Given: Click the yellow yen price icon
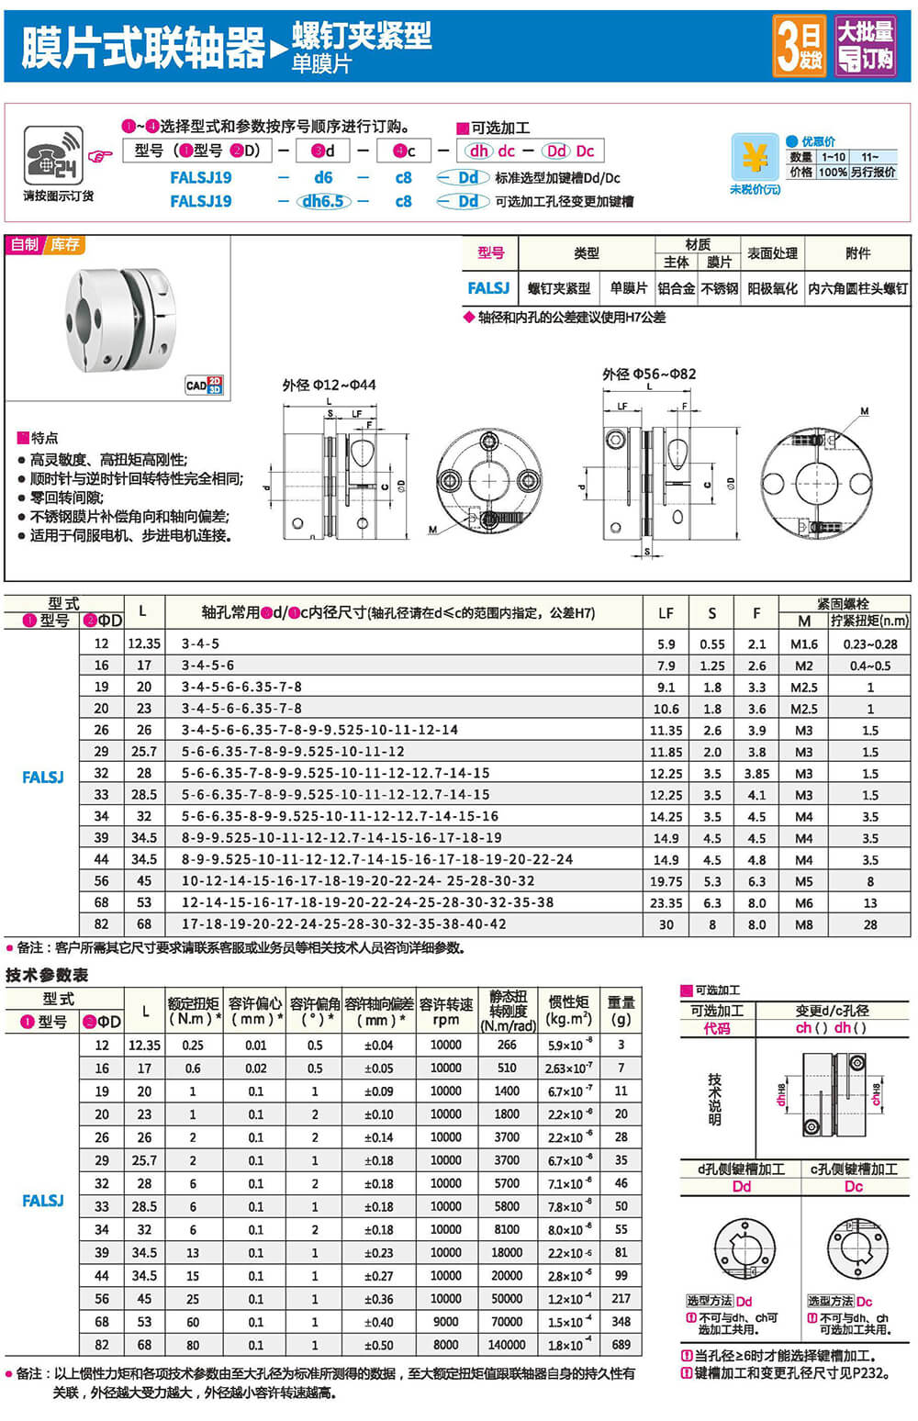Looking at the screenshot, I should (x=755, y=158).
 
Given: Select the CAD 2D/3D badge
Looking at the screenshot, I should (x=204, y=385).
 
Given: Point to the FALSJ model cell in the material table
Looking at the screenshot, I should (x=488, y=288).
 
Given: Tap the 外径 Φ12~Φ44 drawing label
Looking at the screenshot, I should (x=329, y=385).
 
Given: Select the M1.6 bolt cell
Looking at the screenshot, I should (x=803, y=644).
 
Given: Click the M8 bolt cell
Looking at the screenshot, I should (x=803, y=924).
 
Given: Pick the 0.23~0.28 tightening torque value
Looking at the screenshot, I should (x=869, y=644).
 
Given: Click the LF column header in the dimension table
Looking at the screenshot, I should (x=666, y=612).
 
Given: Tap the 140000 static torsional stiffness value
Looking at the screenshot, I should (x=507, y=1345).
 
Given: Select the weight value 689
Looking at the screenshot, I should (x=621, y=1345).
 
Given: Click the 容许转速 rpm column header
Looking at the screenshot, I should (x=446, y=1012).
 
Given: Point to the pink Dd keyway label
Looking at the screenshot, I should (x=741, y=1186).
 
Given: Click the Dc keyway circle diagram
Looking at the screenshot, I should (x=857, y=1248).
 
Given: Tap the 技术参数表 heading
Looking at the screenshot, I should (x=47, y=975).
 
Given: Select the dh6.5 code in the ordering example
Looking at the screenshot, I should (x=322, y=201).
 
